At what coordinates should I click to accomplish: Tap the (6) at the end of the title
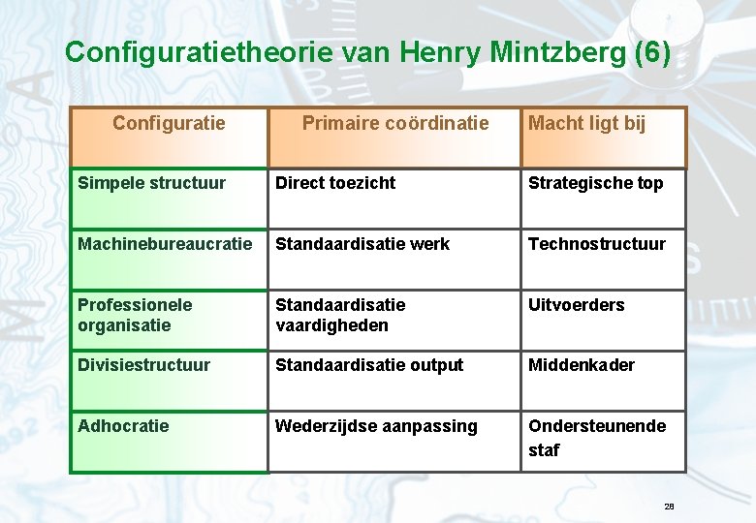coord(651,52)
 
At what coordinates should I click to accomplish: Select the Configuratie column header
coord(169,123)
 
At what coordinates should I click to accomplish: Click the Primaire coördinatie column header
coord(395,123)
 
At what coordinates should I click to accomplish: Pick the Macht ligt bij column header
coord(587,123)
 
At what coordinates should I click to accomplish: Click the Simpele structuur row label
coord(151,183)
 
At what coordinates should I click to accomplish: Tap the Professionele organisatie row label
coord(135,315)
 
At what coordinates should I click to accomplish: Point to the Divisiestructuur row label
coord(143,365)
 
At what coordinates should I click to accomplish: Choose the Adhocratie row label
coord(123,426)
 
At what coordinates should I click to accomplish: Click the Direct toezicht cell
coord(335,183)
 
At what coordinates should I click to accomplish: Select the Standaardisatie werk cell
coord(362,244)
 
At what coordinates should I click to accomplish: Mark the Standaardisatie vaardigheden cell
coord(340,315)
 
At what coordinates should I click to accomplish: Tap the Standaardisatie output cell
coord(369,365)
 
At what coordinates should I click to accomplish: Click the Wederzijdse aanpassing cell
coord(376,426)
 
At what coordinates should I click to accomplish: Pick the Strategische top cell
coord(596,183)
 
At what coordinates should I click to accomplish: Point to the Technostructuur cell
coord(597,244)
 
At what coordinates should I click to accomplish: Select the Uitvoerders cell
coord(577,305)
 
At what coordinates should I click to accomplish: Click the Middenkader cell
coord(582,365)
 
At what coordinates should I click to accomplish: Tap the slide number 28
coord(669,507)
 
